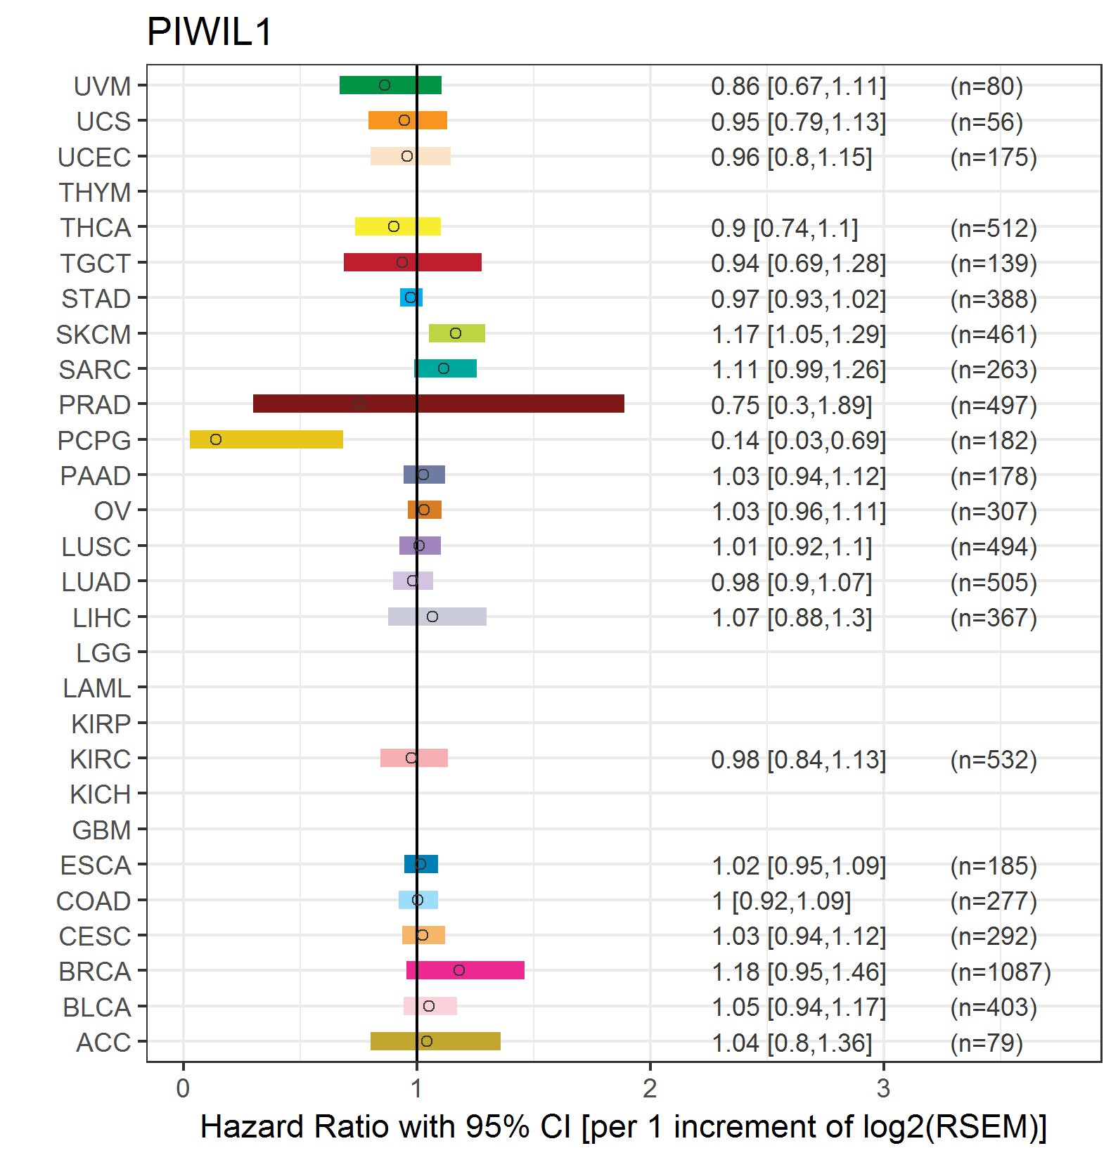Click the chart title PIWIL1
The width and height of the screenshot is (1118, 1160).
click(210, 32)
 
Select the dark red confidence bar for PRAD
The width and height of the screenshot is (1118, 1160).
click(439, 404)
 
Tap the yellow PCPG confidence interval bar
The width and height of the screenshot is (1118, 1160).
click(266, 439)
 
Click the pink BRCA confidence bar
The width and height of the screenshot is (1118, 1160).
click(465, 970)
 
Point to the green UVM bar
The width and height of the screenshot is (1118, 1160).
click(390, 85)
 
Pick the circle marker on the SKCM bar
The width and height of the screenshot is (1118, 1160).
click(456, 333)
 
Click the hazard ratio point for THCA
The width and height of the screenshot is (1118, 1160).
click(394, 226)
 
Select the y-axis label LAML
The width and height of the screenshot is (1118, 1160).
click(96, 688)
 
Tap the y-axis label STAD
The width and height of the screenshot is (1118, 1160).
click(96, 299)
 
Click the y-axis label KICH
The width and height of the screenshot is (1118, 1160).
click(100, 794)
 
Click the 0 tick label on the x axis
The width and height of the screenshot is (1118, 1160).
click(183, 1088)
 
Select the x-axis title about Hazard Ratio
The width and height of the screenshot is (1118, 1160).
click(624, 1126)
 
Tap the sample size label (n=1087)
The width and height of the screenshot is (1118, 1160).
click(1001, 972)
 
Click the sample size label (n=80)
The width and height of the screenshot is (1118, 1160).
click(987, 86)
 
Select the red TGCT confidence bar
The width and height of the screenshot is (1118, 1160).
click(413, 262)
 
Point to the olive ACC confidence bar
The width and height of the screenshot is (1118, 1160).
click(435, 1041)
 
